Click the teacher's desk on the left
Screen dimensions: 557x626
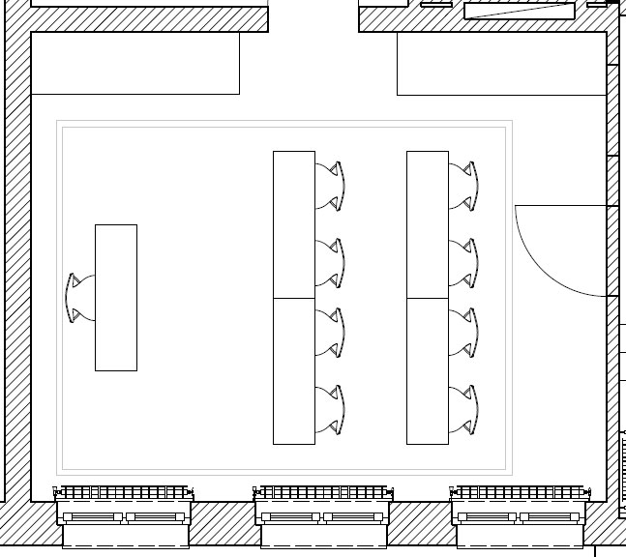tap(116, 297)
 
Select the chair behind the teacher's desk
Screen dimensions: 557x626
tap(77, 297)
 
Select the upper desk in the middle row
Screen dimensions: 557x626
tap(294, 224)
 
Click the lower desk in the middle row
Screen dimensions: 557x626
tap(294, 370)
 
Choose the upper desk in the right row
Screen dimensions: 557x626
tap(428, 224)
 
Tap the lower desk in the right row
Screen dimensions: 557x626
tap(428, 370)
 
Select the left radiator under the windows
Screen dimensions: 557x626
tap(124, 493)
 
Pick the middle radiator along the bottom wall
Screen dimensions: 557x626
tap(323, 493)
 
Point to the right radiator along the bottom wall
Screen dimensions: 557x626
tap(521, 493)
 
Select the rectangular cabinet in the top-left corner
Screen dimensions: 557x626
tap(135, 63)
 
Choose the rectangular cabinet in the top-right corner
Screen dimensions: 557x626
tap(501, 63)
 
